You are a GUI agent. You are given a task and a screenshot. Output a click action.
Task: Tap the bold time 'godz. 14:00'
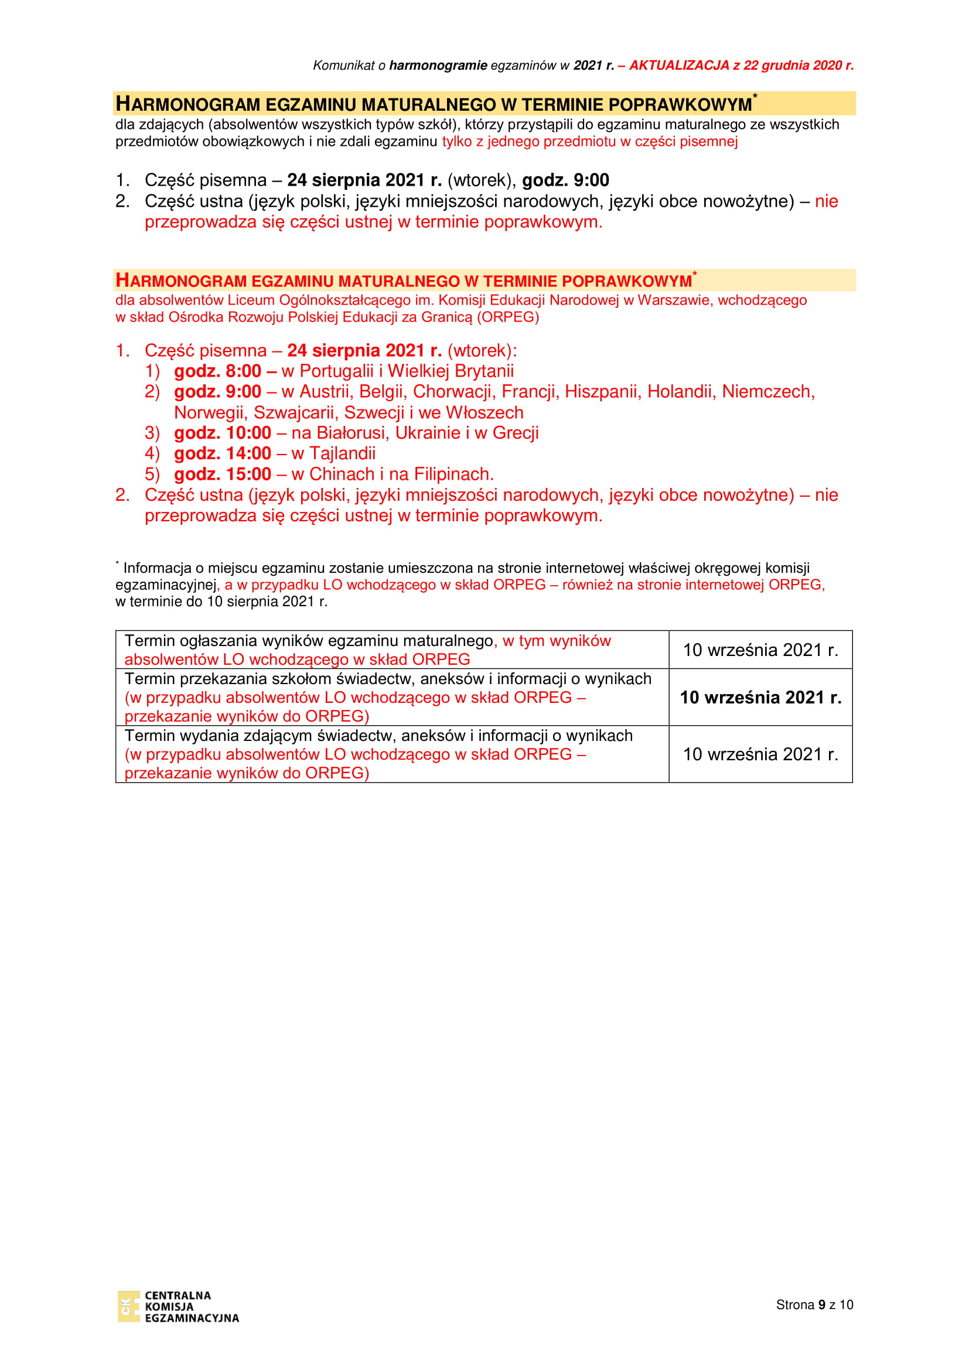pos(222,453)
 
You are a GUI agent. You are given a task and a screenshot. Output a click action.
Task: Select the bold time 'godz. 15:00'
pos(222,474)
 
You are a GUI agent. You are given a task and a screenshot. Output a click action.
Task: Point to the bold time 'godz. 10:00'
pos(222,433)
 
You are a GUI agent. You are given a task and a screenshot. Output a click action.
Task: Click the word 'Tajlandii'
pos(342,453)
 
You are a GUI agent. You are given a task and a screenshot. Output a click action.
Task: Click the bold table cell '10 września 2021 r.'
pos(760,697)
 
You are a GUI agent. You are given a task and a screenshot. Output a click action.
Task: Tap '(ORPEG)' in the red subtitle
pos(508,317)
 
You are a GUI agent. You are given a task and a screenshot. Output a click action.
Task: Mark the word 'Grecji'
pos(516,433)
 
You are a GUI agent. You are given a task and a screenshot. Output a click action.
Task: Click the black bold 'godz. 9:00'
pos(565,180)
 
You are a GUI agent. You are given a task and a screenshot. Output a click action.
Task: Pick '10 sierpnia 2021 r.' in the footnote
pos(267,602)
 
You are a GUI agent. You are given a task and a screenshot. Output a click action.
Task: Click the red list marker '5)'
pos(152,474)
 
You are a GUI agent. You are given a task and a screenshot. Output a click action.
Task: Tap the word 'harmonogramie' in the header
pos(438,66)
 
